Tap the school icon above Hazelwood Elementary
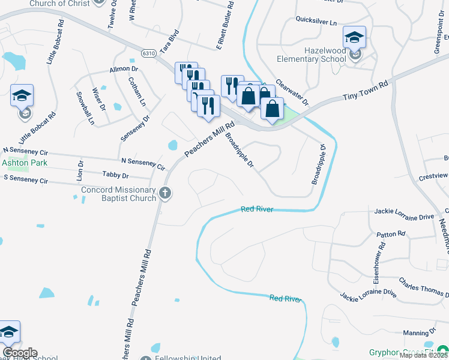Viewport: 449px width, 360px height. pyautogui.click(x=354, y=38)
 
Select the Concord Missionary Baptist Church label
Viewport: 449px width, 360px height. pyautogui.click(x=119, y=194)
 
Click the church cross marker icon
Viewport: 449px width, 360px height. pyautogui.click(x=166, y=193)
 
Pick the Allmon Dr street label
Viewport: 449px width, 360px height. pyautogui.click(x=124, y=70)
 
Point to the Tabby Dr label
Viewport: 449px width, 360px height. pyautogui.click(x=116, y=176)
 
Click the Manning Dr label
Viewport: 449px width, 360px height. pyautogui.click(x=419, y=332)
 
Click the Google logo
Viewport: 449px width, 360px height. pyautogui.click(x=20, y=353)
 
